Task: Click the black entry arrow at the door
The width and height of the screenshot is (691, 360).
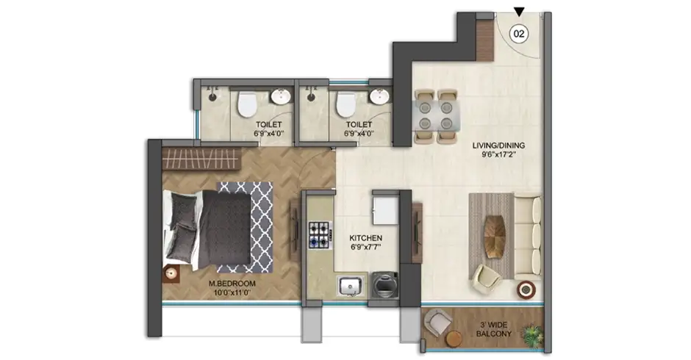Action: (520, 11)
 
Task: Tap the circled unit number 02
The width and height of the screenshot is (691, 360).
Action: (520, 34)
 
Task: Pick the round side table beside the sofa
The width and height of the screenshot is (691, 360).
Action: (526, 289)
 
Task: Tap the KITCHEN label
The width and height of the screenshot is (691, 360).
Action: (365, 239)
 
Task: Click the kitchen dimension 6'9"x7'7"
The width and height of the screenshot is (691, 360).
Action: (365, 248)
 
